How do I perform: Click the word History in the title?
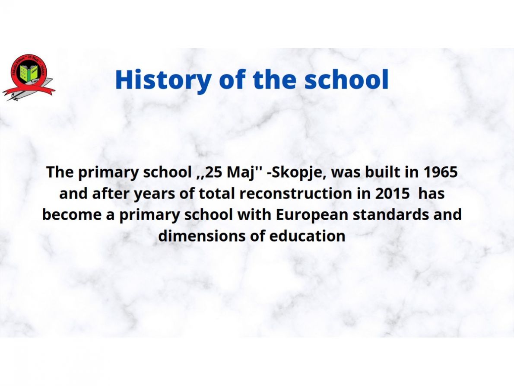click(163, 80)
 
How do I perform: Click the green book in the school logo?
click(29, 73)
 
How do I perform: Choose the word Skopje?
click(299, 173)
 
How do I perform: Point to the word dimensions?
click(202, 236)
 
